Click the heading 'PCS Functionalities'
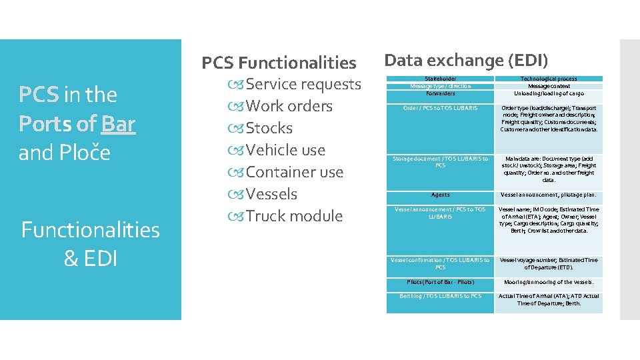click(279, 63)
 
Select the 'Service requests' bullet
click(303, 84)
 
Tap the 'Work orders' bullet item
click(289, 106)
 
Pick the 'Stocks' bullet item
click(269, 128)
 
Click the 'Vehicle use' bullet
click(285, 150)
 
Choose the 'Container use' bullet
click(294, 172)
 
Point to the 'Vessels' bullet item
click(271, 194)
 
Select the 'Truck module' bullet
click(294, 216)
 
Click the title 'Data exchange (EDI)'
click(466, 61)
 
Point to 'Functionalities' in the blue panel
click(91, 230)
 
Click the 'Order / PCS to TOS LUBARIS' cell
click(440, 108)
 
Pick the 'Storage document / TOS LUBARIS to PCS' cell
click(440, 162)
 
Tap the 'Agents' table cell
click(440, 195)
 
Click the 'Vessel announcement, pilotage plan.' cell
click(549, 195)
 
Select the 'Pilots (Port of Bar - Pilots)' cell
click(440, 282)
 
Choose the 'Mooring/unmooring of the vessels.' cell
click(549, 282)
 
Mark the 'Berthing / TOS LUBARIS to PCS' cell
click(440, 296)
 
